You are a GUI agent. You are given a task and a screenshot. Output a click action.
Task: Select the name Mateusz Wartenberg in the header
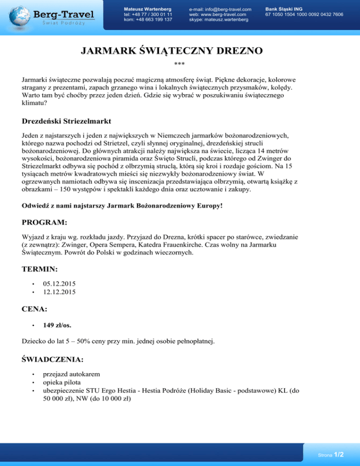147,9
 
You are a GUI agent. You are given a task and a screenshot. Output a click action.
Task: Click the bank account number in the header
304,15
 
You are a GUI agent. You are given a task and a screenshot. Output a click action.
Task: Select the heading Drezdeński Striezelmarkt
66,121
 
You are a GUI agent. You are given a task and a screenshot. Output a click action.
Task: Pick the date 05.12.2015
59,284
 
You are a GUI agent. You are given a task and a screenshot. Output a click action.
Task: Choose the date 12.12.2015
59,292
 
